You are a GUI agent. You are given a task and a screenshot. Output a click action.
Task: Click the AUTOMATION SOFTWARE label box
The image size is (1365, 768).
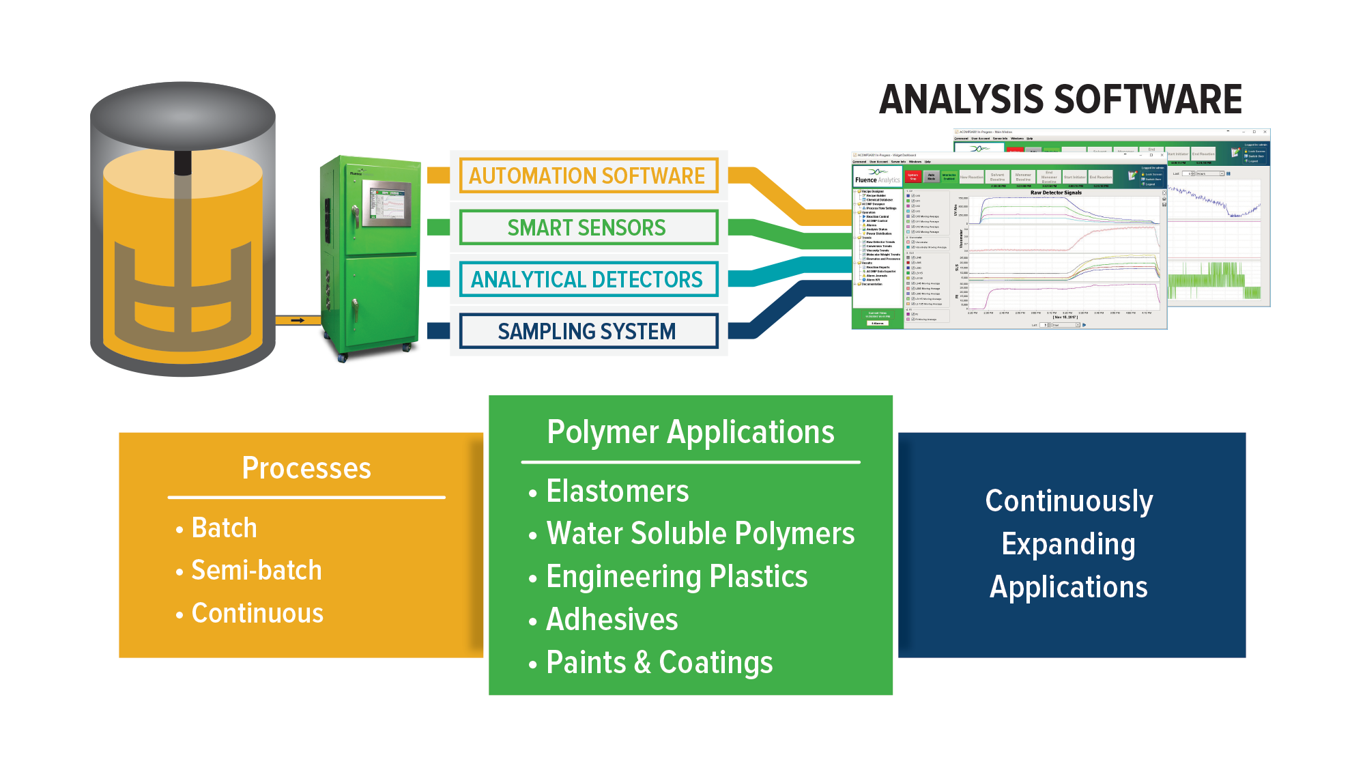588,175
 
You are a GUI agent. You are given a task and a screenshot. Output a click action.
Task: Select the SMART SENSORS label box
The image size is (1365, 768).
588,227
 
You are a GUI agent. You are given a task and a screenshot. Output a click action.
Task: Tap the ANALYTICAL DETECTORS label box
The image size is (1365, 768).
588,279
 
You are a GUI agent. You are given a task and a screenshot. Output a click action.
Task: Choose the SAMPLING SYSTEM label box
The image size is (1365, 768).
588,331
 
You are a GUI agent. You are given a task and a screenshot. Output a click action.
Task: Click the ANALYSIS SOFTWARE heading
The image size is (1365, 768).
1061,100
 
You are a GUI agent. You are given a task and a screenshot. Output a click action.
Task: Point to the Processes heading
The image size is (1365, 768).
306,468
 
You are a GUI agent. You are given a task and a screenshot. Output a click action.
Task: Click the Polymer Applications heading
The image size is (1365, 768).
691,432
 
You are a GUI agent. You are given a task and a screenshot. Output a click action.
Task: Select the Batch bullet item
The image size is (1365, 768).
224,528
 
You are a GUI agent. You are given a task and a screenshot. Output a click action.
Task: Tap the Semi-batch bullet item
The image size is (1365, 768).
256,570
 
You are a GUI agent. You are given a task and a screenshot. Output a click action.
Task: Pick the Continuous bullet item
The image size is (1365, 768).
257,613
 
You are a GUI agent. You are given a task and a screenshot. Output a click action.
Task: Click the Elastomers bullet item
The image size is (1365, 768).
618,491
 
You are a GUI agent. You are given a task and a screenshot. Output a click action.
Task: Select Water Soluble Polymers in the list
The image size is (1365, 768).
700,533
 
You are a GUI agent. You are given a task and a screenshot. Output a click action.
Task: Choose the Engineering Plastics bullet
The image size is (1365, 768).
677,576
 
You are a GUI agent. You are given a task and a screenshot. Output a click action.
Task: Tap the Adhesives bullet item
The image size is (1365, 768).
612,619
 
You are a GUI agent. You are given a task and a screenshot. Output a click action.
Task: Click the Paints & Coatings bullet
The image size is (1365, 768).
659,662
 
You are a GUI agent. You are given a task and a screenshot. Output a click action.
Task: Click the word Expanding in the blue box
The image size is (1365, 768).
1069,544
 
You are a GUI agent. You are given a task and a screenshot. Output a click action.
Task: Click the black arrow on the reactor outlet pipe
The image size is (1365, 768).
298,320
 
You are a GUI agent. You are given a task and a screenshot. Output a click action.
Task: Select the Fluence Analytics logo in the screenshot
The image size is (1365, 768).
877,176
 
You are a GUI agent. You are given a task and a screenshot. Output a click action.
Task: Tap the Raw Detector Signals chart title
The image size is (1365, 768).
1056,193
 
